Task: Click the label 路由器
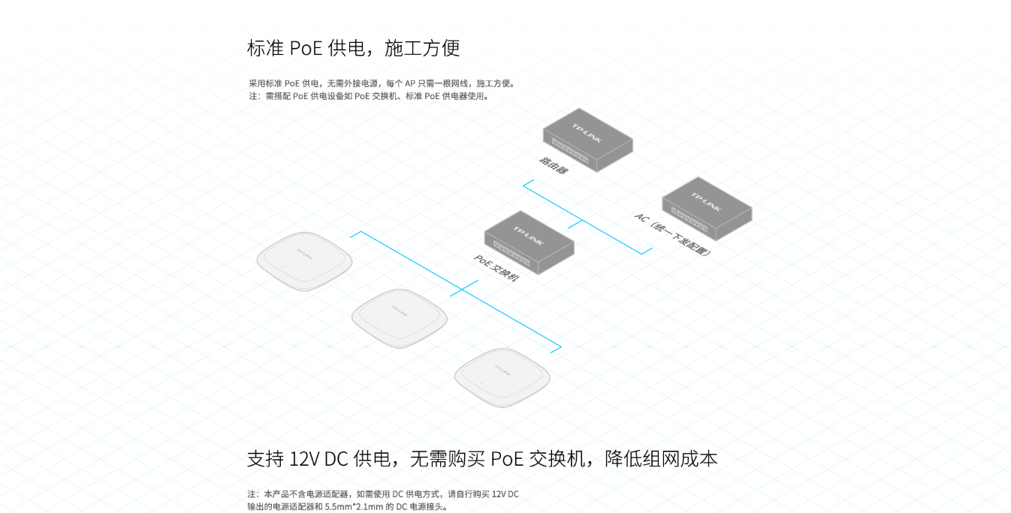(554, 165)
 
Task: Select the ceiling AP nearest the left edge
(304, 260)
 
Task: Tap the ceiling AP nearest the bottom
(502, 377)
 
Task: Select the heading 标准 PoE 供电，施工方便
(353, 49)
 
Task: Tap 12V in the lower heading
(304, 459)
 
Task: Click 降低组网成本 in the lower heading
(661, 459)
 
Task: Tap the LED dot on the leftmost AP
(283, 267)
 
